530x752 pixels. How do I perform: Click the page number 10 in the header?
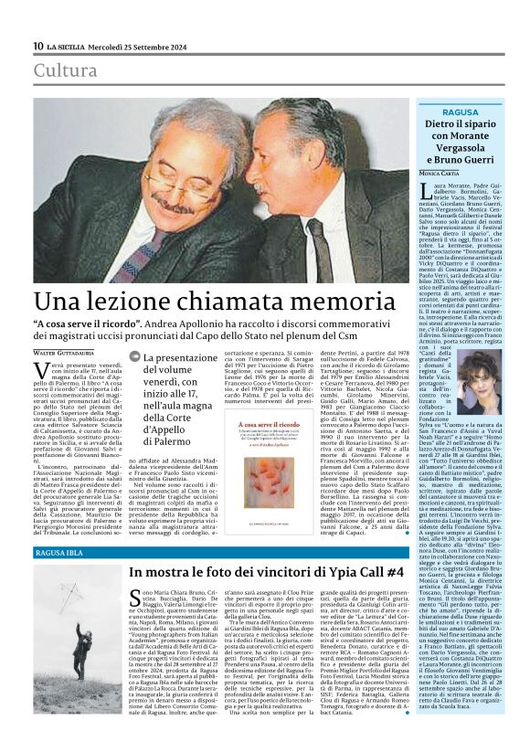point(37,46)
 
